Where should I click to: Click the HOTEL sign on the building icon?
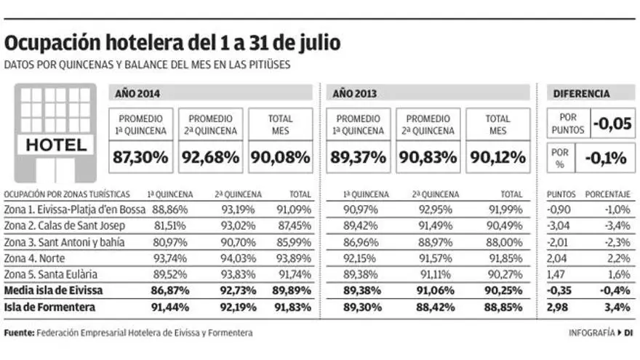pyautogui.click(x=56, y=145)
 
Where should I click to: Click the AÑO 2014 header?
pyautogui.click(x=138, y=93)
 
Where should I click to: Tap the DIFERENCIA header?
pyautogui.click(x=581, y=93)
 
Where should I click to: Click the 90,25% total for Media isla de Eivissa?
pyautogui.click(x=505, y=290)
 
